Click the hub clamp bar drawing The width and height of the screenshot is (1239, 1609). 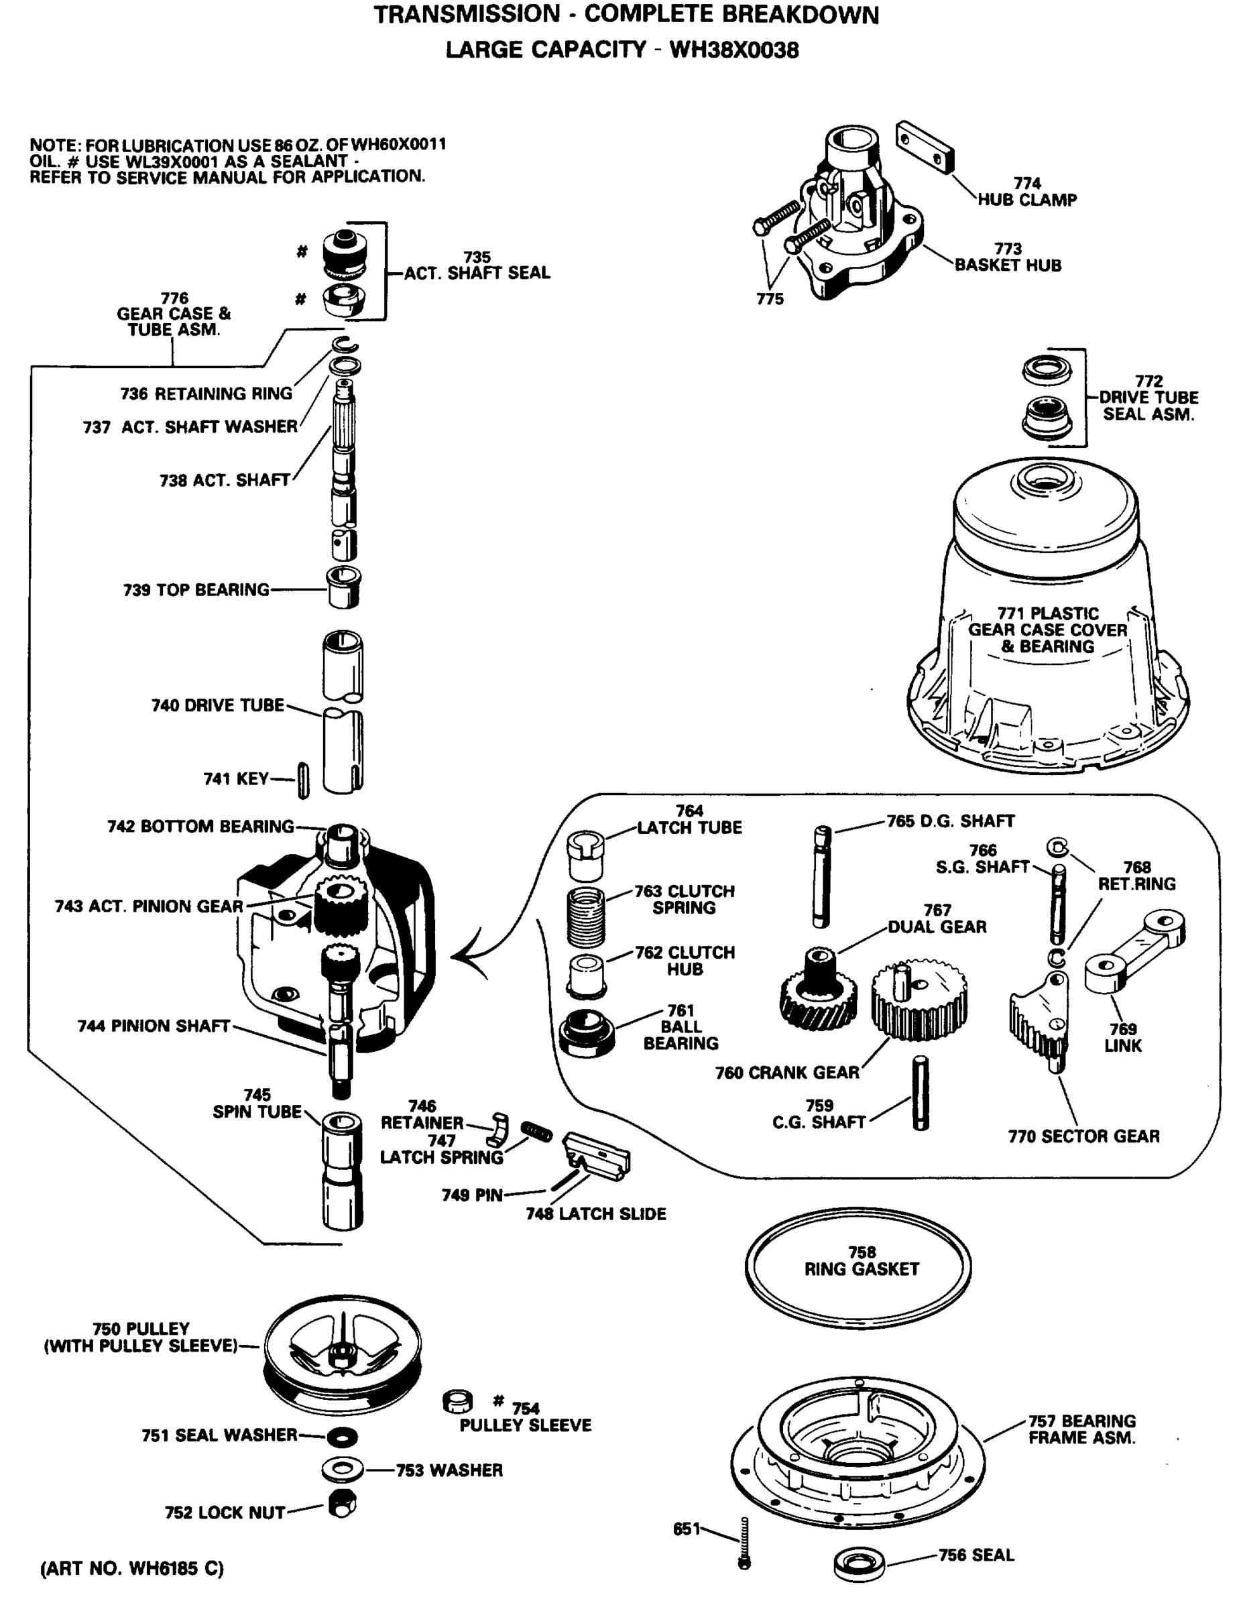click(925, 147)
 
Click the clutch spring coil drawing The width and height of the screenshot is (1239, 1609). click(587, 916)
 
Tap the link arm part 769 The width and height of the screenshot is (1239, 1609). click(1134, 951)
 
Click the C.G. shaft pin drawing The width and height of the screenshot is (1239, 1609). click(921, 1093)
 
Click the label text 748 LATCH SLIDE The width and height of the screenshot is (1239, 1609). click(595, 1214)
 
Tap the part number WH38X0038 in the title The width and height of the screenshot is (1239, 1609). click(733, 50)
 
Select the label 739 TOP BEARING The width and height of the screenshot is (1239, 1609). click(196, 590)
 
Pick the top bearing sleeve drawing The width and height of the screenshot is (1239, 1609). click(343, 587)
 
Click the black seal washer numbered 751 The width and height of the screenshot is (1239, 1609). click(342, 1436)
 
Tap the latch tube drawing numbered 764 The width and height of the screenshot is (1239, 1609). click(585, 856)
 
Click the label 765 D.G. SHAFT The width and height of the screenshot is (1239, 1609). click(950, 821)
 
